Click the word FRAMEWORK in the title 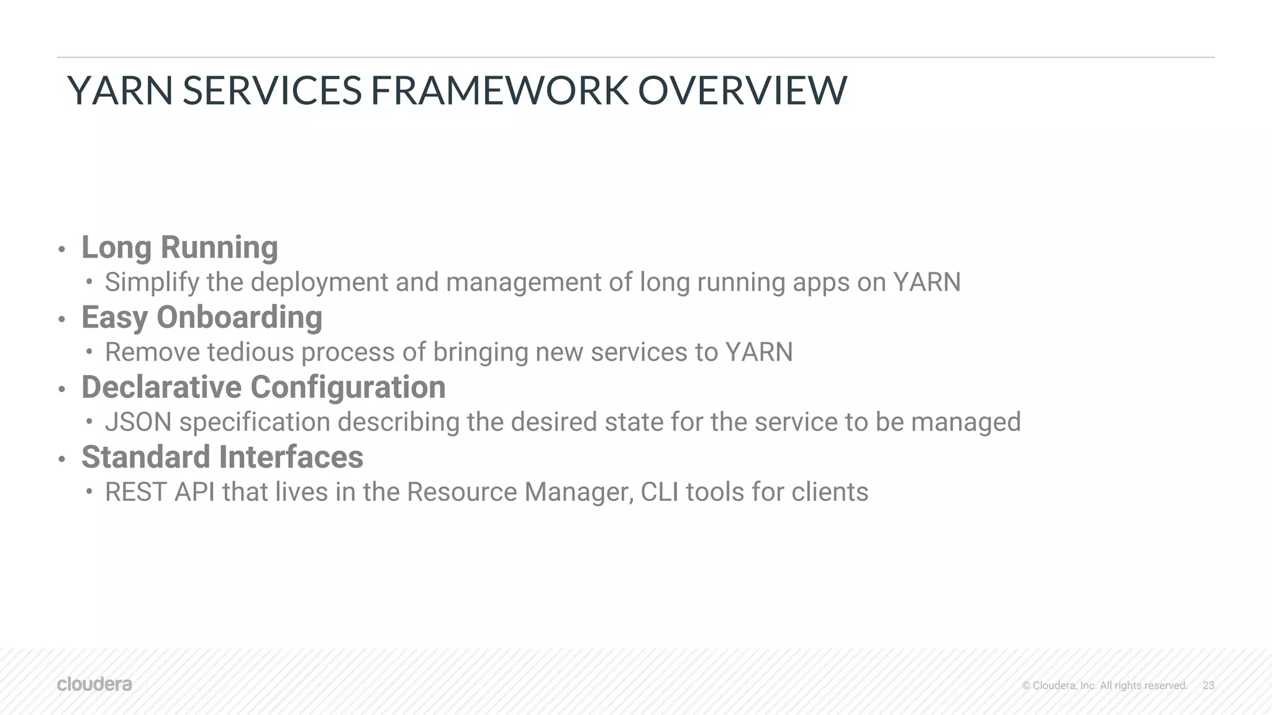499,91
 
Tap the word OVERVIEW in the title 742,91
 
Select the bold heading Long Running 179,247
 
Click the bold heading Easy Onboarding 202,317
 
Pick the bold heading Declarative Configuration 263,387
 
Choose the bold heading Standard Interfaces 222,457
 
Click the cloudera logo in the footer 94,684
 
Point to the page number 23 1208,685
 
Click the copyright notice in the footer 1104,685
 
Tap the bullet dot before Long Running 61,250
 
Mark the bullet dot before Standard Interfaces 61,460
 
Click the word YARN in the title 120,91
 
